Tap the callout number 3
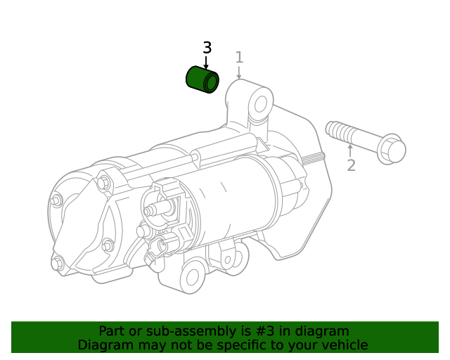[207, 48]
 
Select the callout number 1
[239, 57]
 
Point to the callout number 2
[351, 166]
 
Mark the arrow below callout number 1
[239, 72]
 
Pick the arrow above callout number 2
[350, 150]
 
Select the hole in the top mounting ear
[260, 104]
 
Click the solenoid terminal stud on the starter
[152, 210]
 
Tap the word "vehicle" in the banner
[343, 345]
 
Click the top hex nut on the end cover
[104, 184]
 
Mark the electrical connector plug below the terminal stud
[167, 246]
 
